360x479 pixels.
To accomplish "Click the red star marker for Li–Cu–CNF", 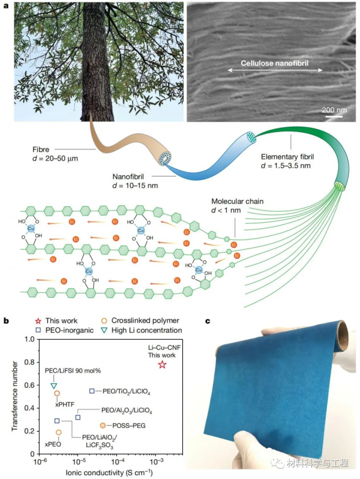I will point(161,364).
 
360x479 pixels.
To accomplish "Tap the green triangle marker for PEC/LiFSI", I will point(54,385).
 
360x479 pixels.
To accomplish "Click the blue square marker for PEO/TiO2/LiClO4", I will point(92,391).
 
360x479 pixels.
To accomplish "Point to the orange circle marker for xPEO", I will point(59,432).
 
